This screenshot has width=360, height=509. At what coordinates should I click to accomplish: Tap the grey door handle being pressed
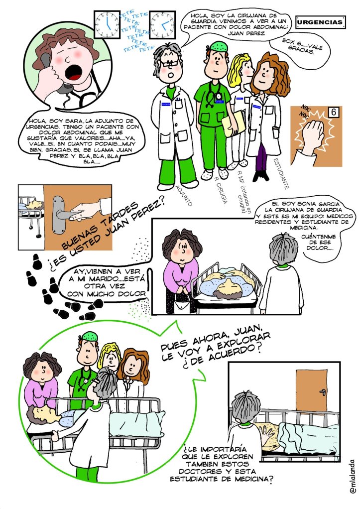pos(62,214)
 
